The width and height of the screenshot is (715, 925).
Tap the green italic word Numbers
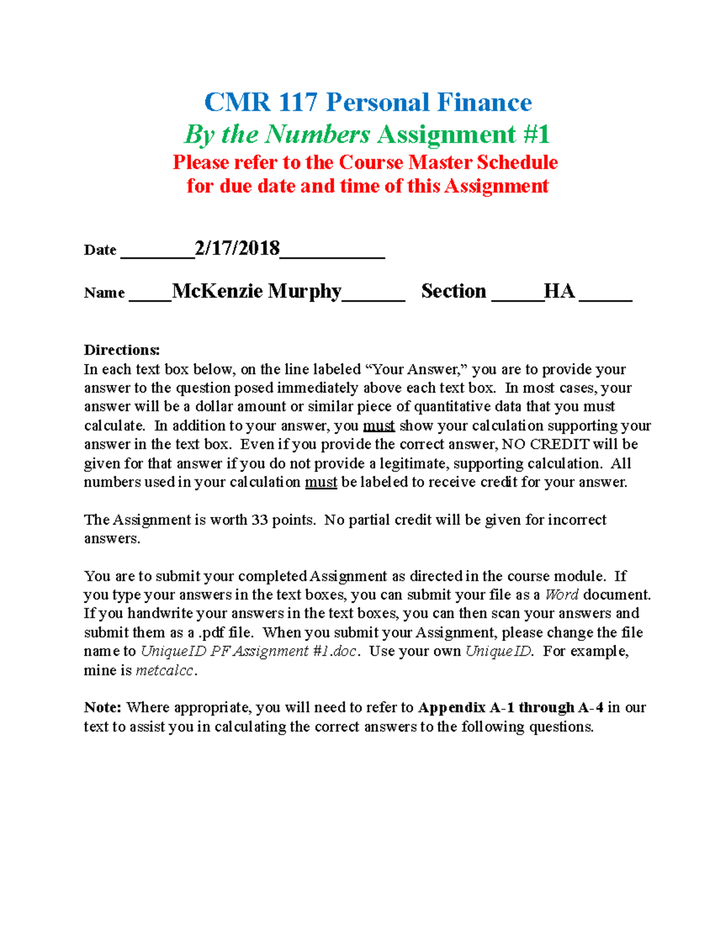[318, 135]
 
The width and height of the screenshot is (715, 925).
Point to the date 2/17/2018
[237, 248]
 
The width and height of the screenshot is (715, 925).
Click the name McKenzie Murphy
[256, 291]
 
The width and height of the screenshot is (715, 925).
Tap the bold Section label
[453, 291]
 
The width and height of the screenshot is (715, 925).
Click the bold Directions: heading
[122, 350]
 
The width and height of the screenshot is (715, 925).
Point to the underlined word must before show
[379, 426]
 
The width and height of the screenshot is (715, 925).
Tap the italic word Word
[561, 595]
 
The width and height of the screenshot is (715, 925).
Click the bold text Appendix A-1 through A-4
[511, 708]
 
